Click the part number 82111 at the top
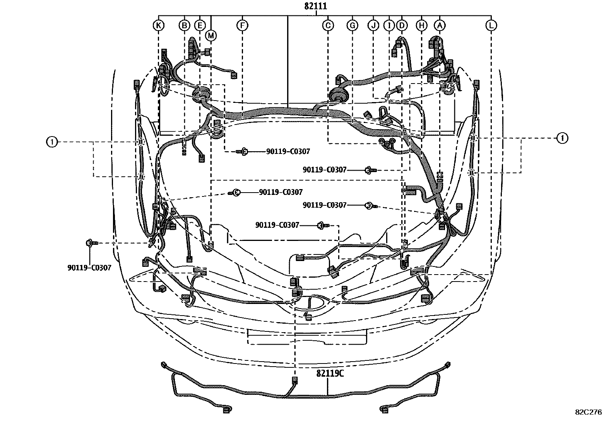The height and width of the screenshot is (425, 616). click(x=316, y=7)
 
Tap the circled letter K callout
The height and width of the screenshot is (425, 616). click(x=158, y=26)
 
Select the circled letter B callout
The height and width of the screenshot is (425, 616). click(x=185, y=26)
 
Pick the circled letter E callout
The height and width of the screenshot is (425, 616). click(x=200, y=26)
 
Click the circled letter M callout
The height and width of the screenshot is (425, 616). click(x=211, y=36)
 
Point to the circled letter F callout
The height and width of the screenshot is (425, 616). click(x=242, y=26)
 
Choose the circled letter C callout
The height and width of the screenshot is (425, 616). click(x=328, y=26)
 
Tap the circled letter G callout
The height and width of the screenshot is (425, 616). click(x=352, y=26)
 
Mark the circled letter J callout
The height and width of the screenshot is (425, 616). click(x=373, y=26)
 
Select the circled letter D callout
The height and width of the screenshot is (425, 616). click(x=402, y=26)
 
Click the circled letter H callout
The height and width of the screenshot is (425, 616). click(x=421, y=26)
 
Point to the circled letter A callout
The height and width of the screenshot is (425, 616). click(x=439, y=26)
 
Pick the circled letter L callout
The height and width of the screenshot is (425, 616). click(x=491, y=26)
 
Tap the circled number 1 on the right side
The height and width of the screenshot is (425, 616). click(x=562, y=138)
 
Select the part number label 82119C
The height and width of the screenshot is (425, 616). click(x=330, y=374)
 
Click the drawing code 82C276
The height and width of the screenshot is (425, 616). click(x=588, y=412)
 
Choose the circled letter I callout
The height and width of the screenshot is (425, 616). click(x=389, y=26)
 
